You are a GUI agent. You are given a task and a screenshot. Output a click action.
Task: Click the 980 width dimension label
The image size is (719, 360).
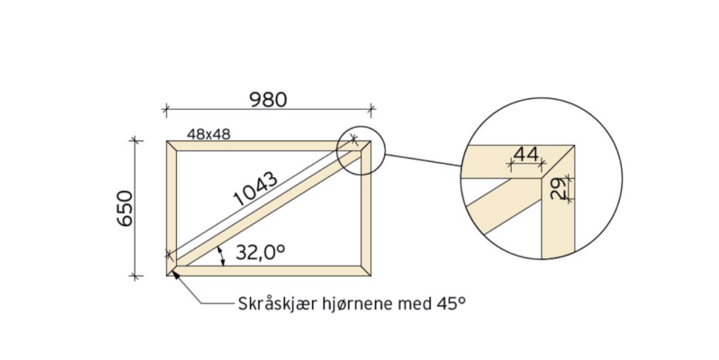[268, 99]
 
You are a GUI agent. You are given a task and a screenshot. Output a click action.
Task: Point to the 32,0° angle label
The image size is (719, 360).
[260, 252]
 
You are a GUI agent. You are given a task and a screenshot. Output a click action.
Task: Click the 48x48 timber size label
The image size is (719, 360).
[208, 134]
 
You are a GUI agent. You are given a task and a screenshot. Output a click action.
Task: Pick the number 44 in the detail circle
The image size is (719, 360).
[526, 154]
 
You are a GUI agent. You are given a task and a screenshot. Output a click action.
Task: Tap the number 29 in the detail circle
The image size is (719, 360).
[557, 188]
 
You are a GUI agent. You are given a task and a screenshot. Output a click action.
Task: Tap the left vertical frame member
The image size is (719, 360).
[172, 204]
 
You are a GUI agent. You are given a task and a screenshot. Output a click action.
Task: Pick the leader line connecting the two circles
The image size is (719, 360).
[424, 160]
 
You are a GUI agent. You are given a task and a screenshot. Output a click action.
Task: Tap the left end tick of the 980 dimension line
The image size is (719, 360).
[165, 110]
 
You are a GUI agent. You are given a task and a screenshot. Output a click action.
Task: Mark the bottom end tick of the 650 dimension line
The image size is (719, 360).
[135, 276]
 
